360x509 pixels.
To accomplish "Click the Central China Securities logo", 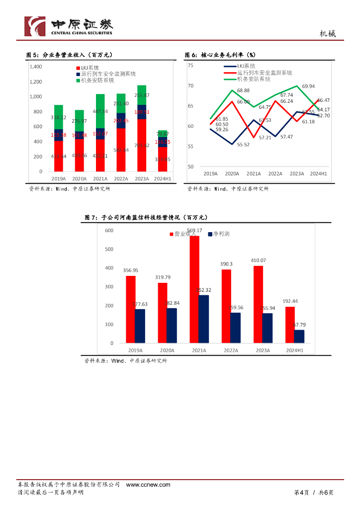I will (x=69, y=26).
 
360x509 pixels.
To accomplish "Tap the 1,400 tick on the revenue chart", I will (x=36, y=66).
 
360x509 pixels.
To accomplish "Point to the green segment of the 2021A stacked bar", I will (x=100, y=111).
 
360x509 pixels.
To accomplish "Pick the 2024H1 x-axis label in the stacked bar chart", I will (x=163, y=178).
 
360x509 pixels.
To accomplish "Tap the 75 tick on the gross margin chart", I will (x=190, y=65).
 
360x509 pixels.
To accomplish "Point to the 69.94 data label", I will (x=308, y=86).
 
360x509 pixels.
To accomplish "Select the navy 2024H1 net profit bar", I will (x=299, y=337).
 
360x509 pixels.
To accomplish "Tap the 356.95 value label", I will (x=131, y=270).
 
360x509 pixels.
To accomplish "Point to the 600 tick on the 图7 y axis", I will (x=109, y=230).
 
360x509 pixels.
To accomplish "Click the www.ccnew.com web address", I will (x=148, y=485).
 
